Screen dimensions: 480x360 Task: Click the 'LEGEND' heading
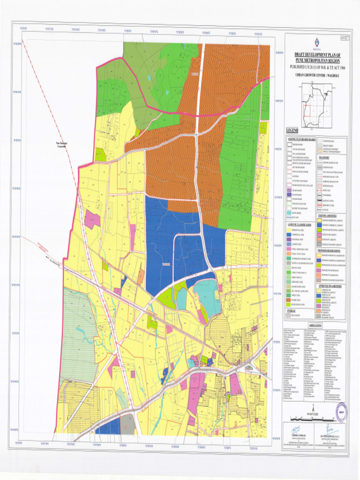pos(292,130)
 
